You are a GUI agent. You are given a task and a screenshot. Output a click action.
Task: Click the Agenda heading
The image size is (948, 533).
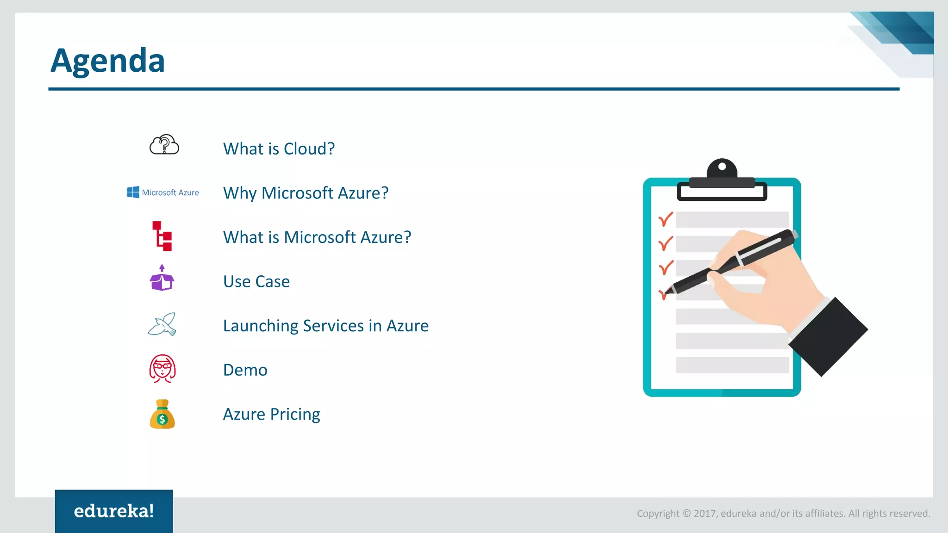[107, 61]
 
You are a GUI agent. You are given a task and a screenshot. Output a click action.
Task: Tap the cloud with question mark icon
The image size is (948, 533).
[164, 145]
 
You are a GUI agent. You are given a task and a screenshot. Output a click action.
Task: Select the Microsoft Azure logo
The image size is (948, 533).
[163, 192]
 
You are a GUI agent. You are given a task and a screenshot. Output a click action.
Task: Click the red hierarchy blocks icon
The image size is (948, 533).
[162, 236]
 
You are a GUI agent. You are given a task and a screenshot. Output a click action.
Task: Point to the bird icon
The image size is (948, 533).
[162, 324]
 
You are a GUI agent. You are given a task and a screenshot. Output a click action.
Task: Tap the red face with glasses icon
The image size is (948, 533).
[162, 369]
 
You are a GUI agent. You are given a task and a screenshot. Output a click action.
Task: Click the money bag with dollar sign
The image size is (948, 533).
[162, 415]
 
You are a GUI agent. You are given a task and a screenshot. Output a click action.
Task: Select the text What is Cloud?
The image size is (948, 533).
[279, 149]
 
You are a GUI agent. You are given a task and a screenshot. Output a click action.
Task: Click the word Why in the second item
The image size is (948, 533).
[239, 193]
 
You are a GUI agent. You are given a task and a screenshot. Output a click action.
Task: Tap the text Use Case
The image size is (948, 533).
[256, 282]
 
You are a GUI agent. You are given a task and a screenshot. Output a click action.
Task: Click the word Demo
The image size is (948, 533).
[245, 370]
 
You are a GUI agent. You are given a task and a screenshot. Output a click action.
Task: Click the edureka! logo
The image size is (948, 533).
[114, 511]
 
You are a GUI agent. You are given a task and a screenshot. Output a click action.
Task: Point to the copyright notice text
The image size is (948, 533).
[783, 513]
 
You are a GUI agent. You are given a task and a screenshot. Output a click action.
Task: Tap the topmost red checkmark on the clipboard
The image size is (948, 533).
[666, 219]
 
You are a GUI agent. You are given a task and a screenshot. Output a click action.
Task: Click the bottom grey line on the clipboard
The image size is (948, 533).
[732, 365]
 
